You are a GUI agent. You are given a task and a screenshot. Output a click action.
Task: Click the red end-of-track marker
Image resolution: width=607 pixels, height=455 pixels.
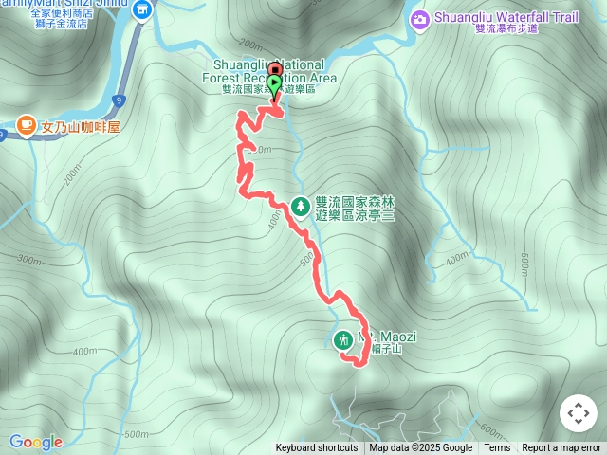[x=275, y=69]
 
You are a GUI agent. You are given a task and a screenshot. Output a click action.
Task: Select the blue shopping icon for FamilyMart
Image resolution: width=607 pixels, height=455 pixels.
[x=142, y=10]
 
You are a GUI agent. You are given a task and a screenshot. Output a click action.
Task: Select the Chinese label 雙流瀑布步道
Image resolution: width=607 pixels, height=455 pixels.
[x=506, y=29]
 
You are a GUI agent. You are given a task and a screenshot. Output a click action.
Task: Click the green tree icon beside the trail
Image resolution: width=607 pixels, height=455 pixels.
[x=301, y=205]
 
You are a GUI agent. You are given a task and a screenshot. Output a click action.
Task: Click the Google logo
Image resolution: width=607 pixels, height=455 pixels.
[x=35, y=442]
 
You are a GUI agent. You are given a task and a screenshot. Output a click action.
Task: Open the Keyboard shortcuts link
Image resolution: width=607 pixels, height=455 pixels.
[x=317, y=448]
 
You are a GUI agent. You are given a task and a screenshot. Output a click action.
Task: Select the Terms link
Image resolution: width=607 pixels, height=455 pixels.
[x=497, y=448]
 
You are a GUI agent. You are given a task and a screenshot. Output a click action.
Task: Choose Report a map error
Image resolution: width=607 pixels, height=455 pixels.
[x=561, y=448]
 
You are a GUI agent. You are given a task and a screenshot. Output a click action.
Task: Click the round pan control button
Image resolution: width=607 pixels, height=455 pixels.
[x=579, y=413]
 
